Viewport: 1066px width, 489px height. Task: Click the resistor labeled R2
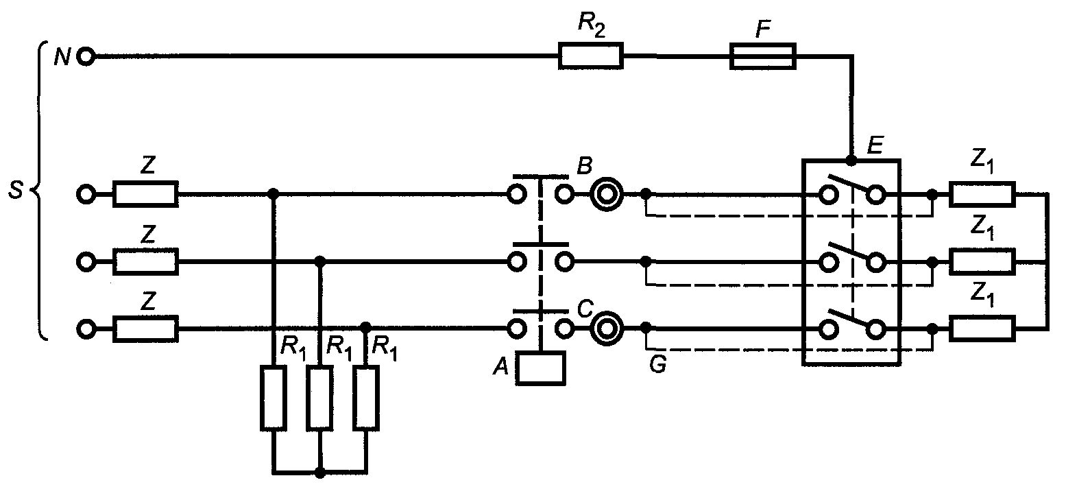pyautogui.click(x=590, y=56)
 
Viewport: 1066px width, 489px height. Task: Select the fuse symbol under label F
pyautogui.click(x=762, y=56)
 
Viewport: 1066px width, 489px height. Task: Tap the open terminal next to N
pyautogui.click(x=86, y=57)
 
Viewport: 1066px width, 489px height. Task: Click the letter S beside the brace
pyautogui.click(x=16, y=190)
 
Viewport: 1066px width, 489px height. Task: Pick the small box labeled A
pyautogui.click(x=541, y=368)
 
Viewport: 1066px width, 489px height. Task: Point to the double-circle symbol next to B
pyautogui.click(x=607, y=195)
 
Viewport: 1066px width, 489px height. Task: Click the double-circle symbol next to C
pyautogui.click(x=607, y=329)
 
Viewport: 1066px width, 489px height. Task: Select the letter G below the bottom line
pyautogui.click(x=658, y=364)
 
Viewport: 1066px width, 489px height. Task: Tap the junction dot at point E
pyautogui.click(x=851, y=161)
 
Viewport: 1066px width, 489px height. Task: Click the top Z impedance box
pyautogui.click(x=145, y=194)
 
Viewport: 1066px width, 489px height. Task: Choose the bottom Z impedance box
pyautogui.click(x=145, y=329)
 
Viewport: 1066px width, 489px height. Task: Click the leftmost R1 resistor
pyautogui.click(x=274, y=398)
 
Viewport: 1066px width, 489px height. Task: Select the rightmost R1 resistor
pyautogui.click(x=366, y=398)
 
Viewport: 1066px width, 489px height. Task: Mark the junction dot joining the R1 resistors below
pyautogui.click(x=320, y=473)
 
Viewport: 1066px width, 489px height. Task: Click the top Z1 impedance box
pyautogui.click(x=982, y=194)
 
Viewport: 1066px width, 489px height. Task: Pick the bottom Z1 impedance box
pyautogui.click(x=982, y=329)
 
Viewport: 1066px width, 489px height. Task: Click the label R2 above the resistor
pyautogui.click(x=592, y=24)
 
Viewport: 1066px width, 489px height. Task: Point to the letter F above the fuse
pyautogui.click(x=763, y=29)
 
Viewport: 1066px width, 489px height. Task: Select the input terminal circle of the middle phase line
pyautogui.click(x=86, y=261)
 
